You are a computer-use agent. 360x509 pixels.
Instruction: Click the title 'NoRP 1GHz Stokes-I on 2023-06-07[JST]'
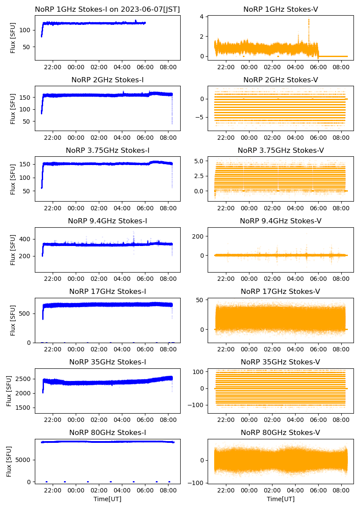coord(108,9)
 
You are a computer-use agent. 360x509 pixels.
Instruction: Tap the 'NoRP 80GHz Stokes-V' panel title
coord(280,432)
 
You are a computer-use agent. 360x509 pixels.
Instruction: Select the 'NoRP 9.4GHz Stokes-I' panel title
coord(108,221)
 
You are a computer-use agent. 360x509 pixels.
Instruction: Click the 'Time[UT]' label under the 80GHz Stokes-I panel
coord(108,499)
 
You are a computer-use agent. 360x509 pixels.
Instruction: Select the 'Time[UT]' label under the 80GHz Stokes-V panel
coord(280,499)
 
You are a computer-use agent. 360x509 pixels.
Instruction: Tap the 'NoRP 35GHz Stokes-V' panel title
coord(280,362)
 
